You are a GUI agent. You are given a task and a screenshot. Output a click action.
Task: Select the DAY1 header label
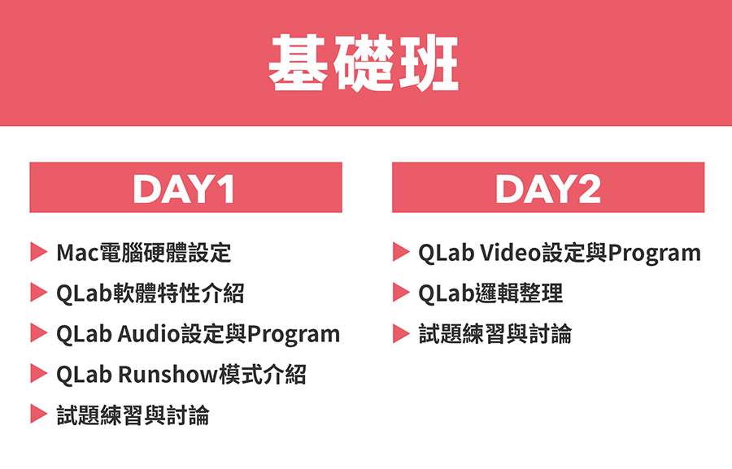[x=184, y=189]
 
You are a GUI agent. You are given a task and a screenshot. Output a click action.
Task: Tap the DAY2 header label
[x=548, y=189]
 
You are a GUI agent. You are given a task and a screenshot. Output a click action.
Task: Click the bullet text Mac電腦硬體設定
[x=144, y=253]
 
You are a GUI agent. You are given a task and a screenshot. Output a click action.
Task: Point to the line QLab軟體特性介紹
[x=150, y=293]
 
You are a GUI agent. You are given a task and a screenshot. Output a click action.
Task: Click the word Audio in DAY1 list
[x=149, y=334]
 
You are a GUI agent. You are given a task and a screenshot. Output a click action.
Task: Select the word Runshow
[x=168, y=374]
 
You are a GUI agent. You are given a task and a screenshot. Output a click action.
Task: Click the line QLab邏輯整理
[x=490, y=293]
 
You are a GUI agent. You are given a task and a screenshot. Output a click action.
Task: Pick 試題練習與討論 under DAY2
[x=495, y=334]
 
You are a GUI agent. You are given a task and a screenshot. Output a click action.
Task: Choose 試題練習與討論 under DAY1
[x=133, y=415]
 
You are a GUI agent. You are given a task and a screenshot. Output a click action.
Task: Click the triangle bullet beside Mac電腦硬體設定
[x=39, y=252]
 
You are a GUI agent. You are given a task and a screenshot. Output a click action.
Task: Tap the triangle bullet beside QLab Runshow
[x=39, y=374]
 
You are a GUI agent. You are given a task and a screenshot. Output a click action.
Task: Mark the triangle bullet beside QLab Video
[x=401, y=252]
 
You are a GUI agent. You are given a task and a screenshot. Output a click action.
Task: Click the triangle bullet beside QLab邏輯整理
[x=401, y=293]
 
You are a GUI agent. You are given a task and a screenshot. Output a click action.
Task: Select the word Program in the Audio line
[x=294, y=335]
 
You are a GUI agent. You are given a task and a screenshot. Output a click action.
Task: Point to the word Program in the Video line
[x=655, y=254]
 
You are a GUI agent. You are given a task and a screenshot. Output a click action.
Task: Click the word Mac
[x=78, y=253]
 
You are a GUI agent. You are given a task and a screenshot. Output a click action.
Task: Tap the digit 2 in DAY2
[x=589, y=189]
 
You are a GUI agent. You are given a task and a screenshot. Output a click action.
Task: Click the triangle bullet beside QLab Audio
[x=39, y=333]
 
